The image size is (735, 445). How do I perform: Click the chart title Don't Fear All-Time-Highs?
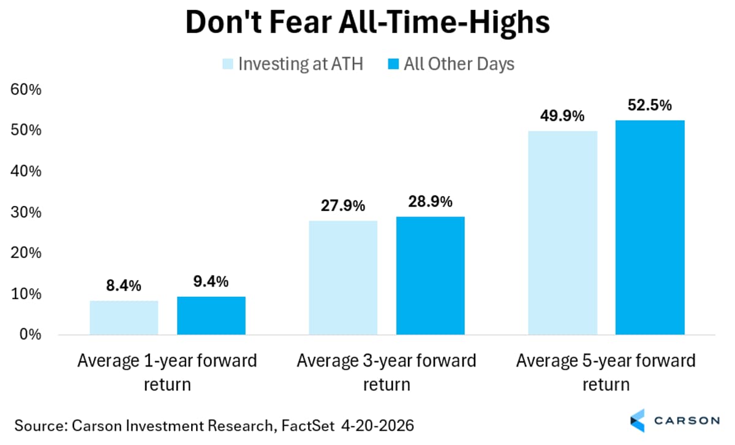click(367, 23)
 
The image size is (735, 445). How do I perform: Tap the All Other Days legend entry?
click(451, 64)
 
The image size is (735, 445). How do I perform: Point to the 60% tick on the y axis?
click(26, 89)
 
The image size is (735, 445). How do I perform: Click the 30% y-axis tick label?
click(26, 212)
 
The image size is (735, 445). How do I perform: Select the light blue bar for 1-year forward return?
click(124, 318)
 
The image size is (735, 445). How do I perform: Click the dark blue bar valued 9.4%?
click(211, 316)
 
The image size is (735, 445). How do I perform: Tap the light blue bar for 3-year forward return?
click(343, 278)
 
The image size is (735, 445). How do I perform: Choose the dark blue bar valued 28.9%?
click(431, 276)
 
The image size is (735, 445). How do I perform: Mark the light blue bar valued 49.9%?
click(562, 233)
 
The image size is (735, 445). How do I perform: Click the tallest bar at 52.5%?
click(650, 227)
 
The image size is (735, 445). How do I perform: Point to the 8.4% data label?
click(124, 286)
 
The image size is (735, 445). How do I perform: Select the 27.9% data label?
click(343, 205)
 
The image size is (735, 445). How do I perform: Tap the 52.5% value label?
click(650, 105)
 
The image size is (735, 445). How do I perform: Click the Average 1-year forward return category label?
click(167, 373)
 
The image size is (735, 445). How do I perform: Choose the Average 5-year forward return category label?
click(606, 373)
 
